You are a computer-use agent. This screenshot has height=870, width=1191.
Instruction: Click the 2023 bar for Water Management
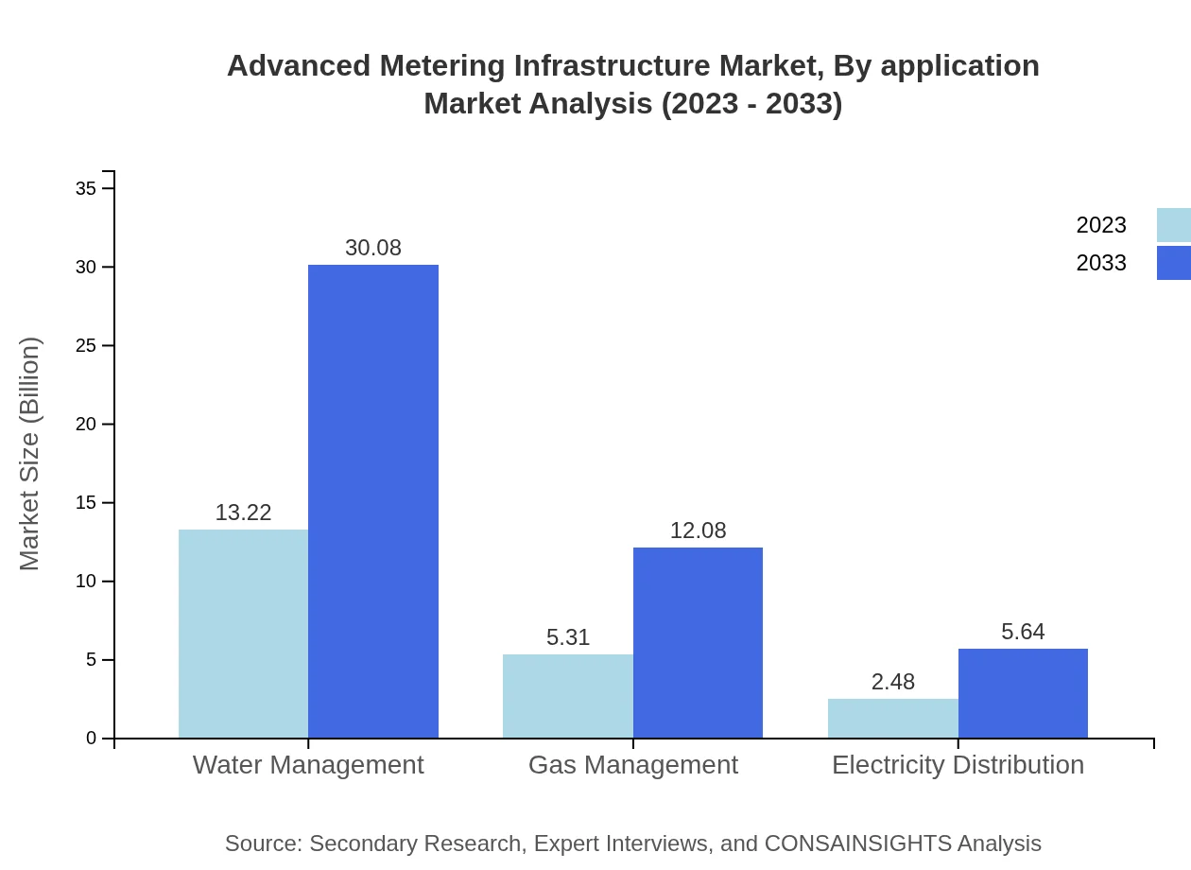tap(243, 634)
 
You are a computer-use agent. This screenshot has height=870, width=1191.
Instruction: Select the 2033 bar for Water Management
tap(373, 501)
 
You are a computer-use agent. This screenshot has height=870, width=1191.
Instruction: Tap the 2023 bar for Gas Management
tap(567, 696)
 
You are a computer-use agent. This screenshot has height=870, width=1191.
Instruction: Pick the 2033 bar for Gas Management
tap(698, 643)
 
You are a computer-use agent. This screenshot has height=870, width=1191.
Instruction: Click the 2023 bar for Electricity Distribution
tap(892, 719)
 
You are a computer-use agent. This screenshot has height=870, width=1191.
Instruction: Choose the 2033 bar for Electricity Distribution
tap(1023, 693)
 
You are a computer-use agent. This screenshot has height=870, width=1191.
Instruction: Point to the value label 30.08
tap(373, 248)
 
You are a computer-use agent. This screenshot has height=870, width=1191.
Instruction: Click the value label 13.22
tap(243, 513)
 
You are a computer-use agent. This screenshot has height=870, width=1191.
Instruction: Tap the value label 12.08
tap(698, 531)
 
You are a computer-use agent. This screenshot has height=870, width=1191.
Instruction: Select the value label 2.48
tap(892, 682)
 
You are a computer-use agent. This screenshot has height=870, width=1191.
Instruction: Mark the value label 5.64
tap(1023, 632)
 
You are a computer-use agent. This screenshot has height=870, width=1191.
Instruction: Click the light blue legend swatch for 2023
tap(1173, 225)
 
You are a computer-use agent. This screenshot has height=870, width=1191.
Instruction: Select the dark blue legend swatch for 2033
tap(1173, 263)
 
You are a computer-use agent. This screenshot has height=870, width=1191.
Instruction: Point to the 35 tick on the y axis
tap(86, 189)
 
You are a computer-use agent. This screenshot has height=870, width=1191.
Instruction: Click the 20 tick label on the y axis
tap(86, 425)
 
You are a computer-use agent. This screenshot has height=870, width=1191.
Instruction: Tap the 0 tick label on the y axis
tap(92, 739)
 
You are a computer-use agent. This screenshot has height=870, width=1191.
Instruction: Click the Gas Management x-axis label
tap(632, 765)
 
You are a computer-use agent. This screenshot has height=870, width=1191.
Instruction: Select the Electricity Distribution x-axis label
tap(958, 765)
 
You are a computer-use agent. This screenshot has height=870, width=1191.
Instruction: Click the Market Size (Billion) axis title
tap(30, 454)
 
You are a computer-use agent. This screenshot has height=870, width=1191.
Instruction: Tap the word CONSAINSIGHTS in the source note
tap(857, 844)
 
